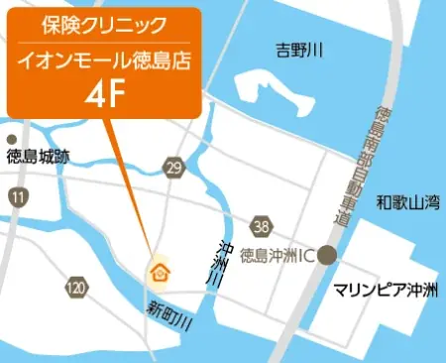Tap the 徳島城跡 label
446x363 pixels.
coord(38,156)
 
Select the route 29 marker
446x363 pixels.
coord(174,169)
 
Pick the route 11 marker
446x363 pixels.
coord(18,198)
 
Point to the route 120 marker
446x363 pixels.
coord(76,288)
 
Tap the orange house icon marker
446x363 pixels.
coord(159,271)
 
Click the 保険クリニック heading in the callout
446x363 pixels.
coord(103,23)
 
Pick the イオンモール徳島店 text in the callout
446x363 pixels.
coord(103,61)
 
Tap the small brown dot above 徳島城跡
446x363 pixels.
coord(11,139)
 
